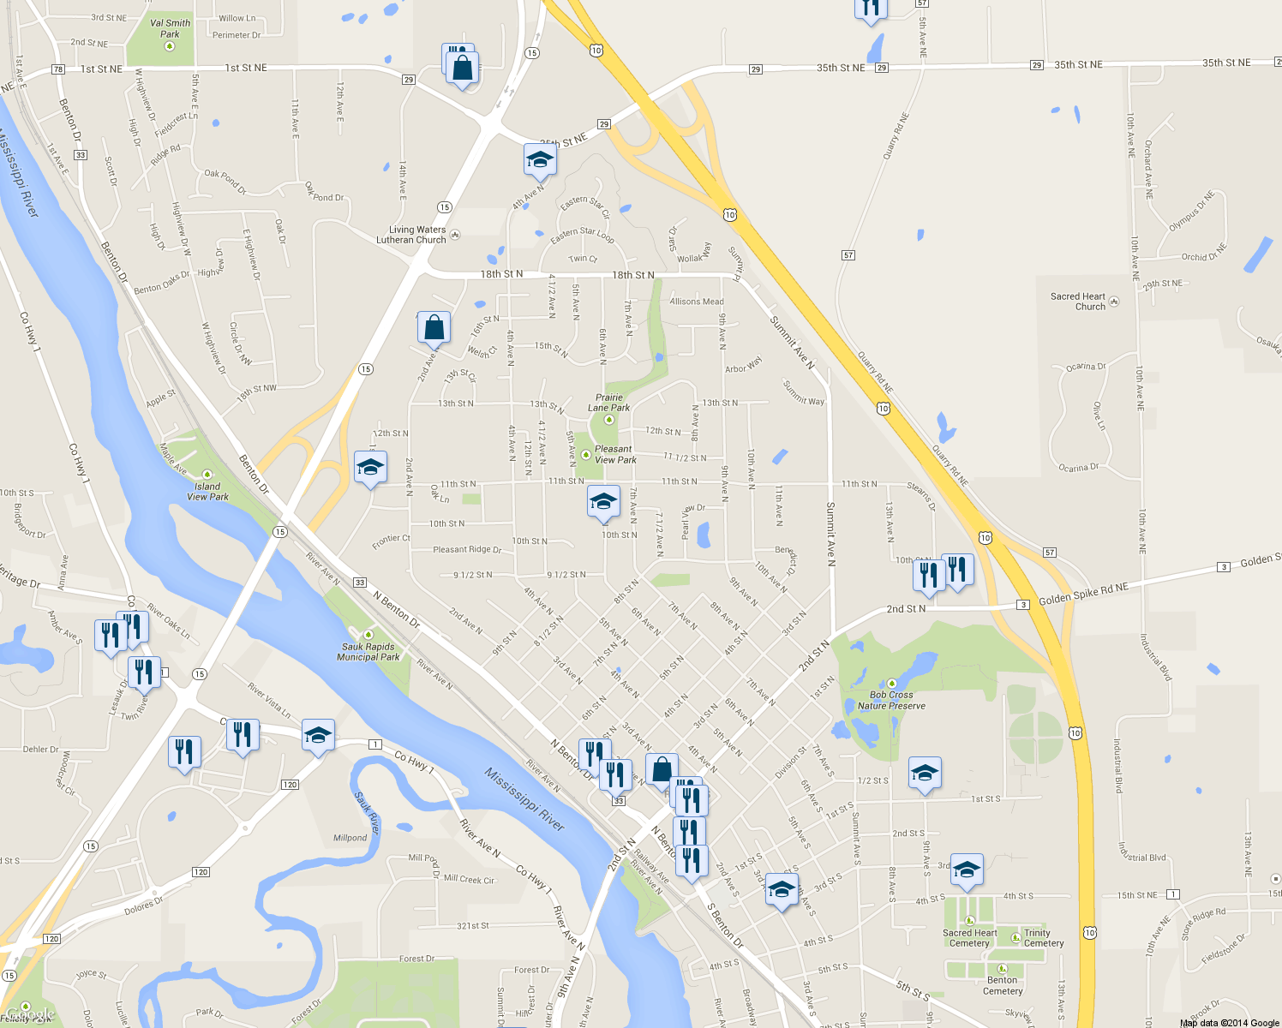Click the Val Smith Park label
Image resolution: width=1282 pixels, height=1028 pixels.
[x=170, y=28]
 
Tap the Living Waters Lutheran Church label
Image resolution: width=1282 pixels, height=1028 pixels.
[x=412, y=235]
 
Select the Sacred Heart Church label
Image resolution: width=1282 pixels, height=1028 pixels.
[x=1078, y=302]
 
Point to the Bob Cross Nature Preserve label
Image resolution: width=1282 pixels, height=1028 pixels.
[x=891, y=701]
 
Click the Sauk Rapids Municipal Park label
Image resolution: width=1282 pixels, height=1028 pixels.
[x=368, y=652]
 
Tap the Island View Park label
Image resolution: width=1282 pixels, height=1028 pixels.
[x=207, y=491]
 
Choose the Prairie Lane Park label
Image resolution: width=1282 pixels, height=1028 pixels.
[x=609, y=403]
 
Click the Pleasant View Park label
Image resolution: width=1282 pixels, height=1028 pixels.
[x=614, y=454]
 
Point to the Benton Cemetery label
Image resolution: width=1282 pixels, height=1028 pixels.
[x=1003, y=985]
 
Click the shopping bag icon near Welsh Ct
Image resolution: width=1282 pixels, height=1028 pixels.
[x=434, y=327]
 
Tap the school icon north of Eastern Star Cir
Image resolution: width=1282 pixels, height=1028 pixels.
[x=539, y=159]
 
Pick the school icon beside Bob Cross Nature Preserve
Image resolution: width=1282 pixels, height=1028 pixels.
[x=924, y=773]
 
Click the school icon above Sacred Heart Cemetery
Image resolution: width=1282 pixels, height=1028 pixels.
[x=966, y=870]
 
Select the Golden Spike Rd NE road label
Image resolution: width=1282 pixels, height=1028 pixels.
[x=1083, y=594]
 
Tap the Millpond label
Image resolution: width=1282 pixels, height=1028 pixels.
[x=350, y=838]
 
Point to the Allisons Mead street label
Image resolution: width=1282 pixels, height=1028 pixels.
[x=697, y=302]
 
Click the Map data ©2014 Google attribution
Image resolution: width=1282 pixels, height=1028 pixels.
[x=1229, y=1023]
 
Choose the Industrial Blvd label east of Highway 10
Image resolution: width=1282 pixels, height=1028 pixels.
[x=1153, y=657]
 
